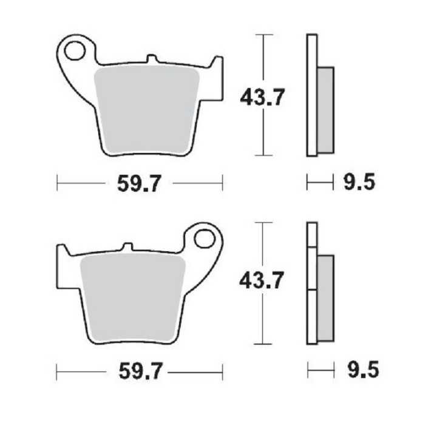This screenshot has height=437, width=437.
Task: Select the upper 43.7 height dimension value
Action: pos(262,97)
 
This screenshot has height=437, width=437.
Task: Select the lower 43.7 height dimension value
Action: pos(262,280)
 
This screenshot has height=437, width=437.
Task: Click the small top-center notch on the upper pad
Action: pos(152,60)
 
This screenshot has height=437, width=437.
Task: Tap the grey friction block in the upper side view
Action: pos(325,109)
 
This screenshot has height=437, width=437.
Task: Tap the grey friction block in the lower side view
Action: pos(325,297)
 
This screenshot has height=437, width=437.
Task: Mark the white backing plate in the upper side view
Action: pos(311,97)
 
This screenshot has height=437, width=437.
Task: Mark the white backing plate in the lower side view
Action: pos(311,285)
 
